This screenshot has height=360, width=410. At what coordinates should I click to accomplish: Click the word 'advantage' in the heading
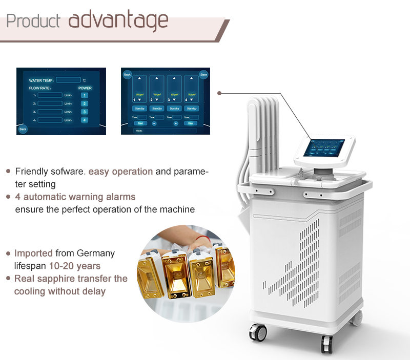pos(118,20)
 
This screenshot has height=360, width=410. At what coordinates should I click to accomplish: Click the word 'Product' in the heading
pos(33,22)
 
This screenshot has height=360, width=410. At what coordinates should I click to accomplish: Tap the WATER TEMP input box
pos(68,80)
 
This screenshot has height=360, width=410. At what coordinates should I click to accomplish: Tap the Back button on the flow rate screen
pos(23,129)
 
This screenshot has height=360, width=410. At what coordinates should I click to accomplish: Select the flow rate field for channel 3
pos(50,112)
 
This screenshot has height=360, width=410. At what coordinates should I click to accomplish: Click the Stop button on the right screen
pos(191,123)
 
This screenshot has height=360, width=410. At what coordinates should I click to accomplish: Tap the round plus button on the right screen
pos(176,123)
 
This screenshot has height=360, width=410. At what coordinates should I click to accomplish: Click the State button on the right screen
pos(203,74)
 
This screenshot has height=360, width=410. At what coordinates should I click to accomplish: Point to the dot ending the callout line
pos(219,93)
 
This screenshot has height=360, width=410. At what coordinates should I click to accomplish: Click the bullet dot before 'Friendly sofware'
pos(8,171)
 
